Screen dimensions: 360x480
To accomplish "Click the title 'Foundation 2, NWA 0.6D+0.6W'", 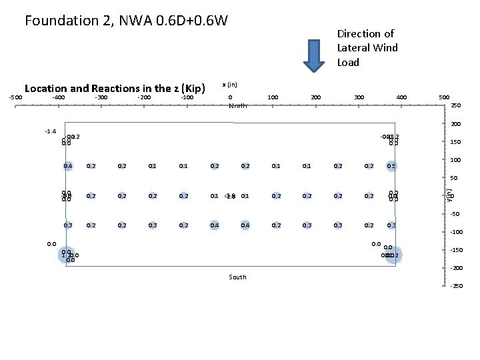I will pos(126,21).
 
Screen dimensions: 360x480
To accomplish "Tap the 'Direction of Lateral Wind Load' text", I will pos(367,48).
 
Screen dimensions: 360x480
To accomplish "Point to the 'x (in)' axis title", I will pos(230,85).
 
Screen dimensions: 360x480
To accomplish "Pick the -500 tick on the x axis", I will pos(15,97).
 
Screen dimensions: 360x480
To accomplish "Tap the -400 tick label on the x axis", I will pos(58,97).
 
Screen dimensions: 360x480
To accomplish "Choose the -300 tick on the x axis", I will pos(101,97).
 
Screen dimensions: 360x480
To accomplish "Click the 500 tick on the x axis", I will pos(443,97).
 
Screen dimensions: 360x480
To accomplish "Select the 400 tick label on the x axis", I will pos(402,97).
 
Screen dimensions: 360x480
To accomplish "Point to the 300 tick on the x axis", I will pos(359,97).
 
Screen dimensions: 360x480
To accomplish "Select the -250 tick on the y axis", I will pos(456,286).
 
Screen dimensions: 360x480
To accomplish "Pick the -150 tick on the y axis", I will pos(456,250).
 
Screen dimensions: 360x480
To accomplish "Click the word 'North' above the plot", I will pos(238,106).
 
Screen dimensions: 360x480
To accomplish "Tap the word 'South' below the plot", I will pos(237,277).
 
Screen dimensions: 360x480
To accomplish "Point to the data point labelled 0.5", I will pos(391,166).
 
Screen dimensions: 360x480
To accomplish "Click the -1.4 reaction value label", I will pos(51,131).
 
